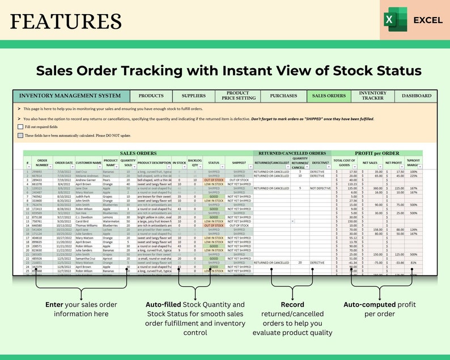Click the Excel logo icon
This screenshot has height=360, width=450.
coord(396,20)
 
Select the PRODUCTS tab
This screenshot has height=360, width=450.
coord(151,96)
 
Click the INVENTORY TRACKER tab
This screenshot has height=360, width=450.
coord(372,96)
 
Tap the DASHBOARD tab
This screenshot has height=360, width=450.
coord(416,96)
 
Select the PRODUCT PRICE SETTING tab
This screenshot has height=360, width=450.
coord(237,96)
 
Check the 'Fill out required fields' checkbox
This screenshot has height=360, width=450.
coord(20,127)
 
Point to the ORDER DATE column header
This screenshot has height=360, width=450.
coord(63,163)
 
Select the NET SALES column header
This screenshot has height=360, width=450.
coord(370,163)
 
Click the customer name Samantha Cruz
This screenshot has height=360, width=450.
coord(88,258)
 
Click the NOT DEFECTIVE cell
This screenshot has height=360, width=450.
coord(320,188)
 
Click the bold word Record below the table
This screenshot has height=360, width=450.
coord(292,304)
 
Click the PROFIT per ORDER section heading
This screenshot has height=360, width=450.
coord(376,153)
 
